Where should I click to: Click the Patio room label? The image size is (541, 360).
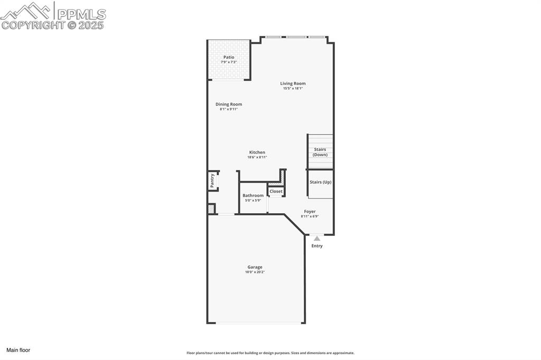coord(229,57)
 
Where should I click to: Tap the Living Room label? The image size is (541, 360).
coord(293,83)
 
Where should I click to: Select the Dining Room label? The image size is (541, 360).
coord(229,105)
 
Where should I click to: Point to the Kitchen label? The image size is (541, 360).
coord(257,153)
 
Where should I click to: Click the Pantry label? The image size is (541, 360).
coord(212,181)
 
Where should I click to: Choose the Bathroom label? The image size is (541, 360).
coord(253,195)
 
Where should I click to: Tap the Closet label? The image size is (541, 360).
coord(276,191)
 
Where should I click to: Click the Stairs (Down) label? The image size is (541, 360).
coord(320,152)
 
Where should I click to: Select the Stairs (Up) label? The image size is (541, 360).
coord(320,182)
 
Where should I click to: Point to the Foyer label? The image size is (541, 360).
coord(310,212)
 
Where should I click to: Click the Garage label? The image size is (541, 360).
coord(255,267)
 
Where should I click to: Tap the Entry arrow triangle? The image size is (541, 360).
coord(317,239)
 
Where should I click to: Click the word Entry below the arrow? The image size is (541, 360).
coord(317,246)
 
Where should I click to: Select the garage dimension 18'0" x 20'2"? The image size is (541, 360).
coord(255,272)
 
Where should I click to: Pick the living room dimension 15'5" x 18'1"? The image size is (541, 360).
coord(293,89)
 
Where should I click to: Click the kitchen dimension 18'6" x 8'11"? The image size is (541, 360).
coord(257,157)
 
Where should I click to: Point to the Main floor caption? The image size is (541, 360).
coord(18,350)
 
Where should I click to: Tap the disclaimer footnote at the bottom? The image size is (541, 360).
coord(270,353)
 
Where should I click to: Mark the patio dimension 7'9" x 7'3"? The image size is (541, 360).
coord(229,62)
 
